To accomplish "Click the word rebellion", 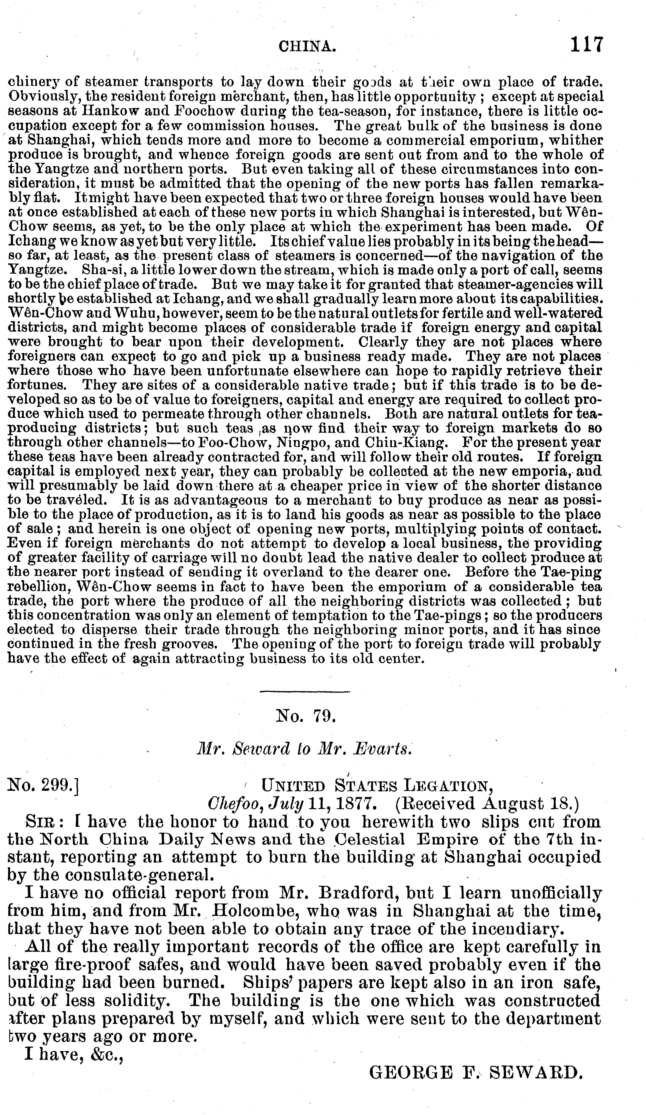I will pos(35,587).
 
